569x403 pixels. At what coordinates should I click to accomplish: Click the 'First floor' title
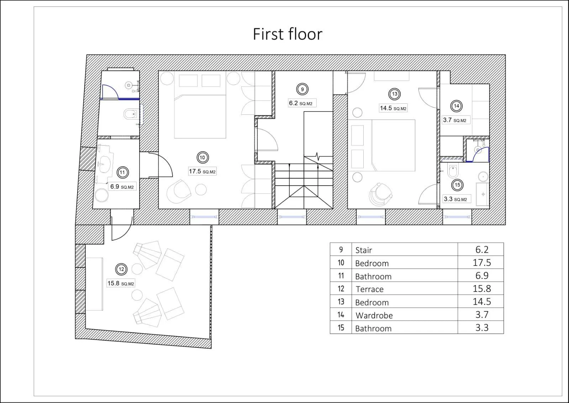point(288,34)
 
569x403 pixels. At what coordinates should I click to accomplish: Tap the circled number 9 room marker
point(302,89)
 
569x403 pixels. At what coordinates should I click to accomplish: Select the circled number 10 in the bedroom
point(202,157)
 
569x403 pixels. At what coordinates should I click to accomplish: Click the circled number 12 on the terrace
point(121,269)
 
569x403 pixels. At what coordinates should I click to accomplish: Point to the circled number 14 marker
point(456,106)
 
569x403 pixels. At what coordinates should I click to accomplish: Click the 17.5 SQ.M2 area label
point(202,171)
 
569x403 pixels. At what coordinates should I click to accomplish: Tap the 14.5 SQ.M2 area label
point(393,108)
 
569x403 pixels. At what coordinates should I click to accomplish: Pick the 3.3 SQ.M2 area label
point(455,199)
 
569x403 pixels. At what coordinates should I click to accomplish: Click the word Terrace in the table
point(370,289)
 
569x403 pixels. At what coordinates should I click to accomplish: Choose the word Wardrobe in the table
point(374,315)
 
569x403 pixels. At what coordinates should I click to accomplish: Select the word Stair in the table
point(364,250)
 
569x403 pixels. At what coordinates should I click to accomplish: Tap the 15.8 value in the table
point(482,289)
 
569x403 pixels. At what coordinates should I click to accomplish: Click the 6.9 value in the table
point(482,275)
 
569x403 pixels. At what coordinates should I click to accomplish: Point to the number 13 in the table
point(341,302)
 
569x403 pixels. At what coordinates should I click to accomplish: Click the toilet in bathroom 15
point(453,171)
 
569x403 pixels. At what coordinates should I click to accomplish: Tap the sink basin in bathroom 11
point(104,164)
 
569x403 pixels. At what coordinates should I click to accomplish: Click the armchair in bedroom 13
point(380,195)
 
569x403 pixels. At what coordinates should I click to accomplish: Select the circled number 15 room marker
point(457,185)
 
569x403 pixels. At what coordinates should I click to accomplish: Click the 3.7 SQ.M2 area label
point(455,120)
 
